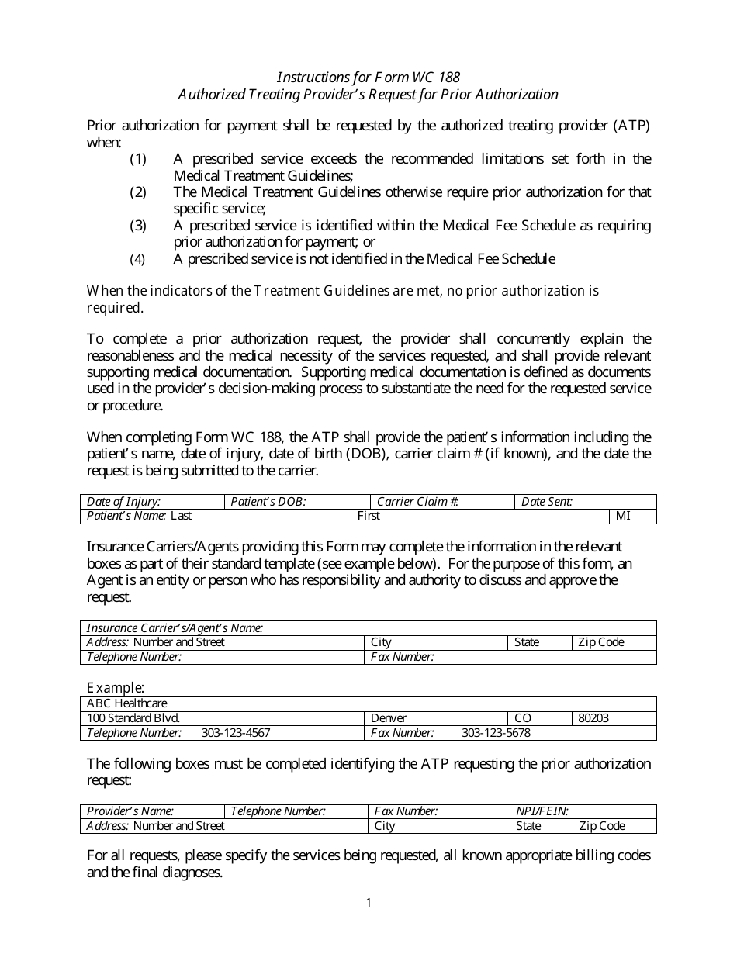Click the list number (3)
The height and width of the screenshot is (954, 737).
click(138, 226)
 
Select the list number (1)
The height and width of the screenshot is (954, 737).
click(138, 159)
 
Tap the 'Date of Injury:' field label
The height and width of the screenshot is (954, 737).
click(124, 502)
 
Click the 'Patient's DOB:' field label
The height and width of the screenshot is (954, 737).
click(268, 502)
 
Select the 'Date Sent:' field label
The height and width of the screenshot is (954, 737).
click(547, 502)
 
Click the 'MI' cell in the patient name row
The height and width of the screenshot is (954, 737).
click(624, 516)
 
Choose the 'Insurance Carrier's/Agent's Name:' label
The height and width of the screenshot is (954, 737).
click(175, 628)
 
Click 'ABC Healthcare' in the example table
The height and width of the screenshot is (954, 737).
click(127, 704)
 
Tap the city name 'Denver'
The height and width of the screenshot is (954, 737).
click(389, 718)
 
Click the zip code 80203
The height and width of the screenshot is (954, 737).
click(593, 718)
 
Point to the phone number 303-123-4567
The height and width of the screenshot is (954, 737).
click(236, 733)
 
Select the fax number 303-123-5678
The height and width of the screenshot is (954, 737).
click(496, 733)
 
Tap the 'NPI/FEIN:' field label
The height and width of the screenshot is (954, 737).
click(542, 811)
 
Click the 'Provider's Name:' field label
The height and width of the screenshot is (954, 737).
click(130, 811)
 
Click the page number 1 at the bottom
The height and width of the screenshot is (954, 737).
click(368, 902)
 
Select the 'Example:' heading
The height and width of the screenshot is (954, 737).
click(116, 688)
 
